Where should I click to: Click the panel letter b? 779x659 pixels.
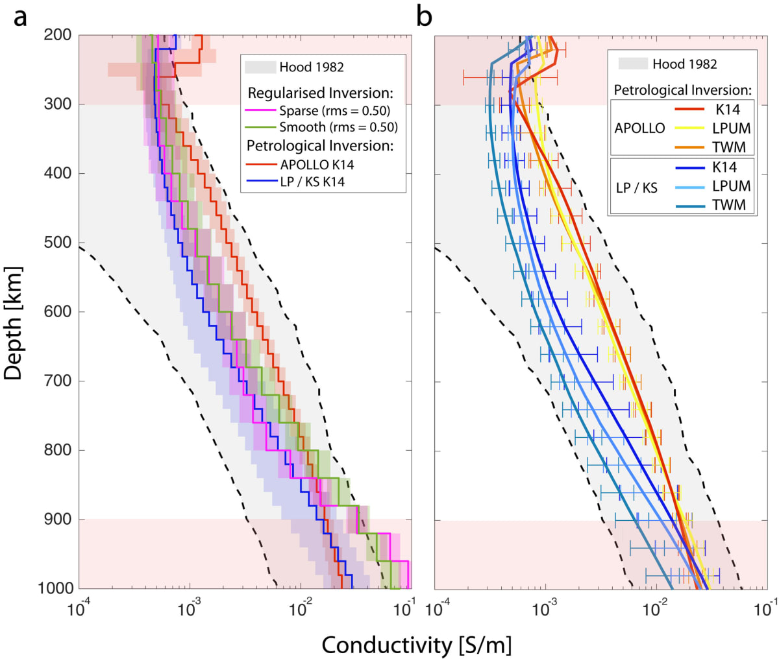pos(424,16)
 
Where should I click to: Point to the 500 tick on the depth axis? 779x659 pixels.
pos(59,243)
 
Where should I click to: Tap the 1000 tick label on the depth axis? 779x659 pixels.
pos(55,588)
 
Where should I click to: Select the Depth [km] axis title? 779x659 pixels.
pos(14,322)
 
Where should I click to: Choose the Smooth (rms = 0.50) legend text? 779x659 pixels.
pos(338,127)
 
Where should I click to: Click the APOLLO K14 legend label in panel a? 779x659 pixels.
pos(317,165)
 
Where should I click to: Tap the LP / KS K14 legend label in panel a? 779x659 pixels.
pos(312,182)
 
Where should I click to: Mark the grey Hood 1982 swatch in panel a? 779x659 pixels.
pos(260,67)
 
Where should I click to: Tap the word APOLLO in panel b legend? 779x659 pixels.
pos(639,128)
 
